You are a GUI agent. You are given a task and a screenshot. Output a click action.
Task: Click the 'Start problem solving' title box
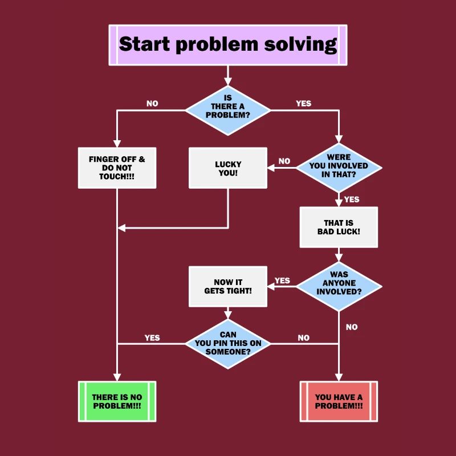[227, 44]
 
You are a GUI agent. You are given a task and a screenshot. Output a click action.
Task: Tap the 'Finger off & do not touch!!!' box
[117, 168]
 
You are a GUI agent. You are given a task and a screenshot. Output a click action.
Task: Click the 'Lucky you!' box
[228, 168]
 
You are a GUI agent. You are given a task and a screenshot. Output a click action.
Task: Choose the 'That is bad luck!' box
[339, 227]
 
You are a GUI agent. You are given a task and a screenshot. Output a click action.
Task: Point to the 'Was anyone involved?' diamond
[339, 283]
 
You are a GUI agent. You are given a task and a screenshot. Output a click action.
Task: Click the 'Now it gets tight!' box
[228, 287]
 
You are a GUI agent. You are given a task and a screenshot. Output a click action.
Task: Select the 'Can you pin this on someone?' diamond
[228, 343]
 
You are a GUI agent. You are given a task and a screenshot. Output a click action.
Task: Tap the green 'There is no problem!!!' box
[117, 401]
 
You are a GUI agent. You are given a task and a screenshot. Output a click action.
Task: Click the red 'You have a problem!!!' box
[339, 401]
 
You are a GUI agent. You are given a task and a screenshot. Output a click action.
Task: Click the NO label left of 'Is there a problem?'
[152, 104]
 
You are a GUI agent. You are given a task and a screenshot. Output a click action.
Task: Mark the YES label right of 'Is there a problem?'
[304, 104]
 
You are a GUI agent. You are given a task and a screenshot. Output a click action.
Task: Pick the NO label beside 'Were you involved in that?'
[284, 161]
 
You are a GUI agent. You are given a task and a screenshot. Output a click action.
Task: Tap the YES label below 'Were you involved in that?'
[352, 199]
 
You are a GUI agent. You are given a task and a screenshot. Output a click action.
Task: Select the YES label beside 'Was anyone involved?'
[282, 280]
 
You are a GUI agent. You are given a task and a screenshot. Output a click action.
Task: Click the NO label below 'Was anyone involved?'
[352, 327]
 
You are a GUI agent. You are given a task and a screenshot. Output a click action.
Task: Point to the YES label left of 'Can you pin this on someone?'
[152, 337]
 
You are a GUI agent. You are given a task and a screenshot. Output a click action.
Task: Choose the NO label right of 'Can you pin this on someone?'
[304, 338]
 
